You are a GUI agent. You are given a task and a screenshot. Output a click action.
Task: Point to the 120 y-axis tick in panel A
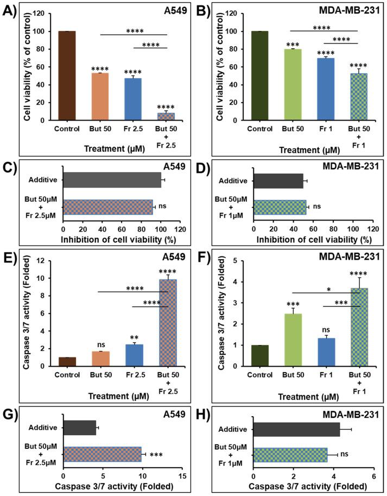pyautogui.click(x=45, y=14)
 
